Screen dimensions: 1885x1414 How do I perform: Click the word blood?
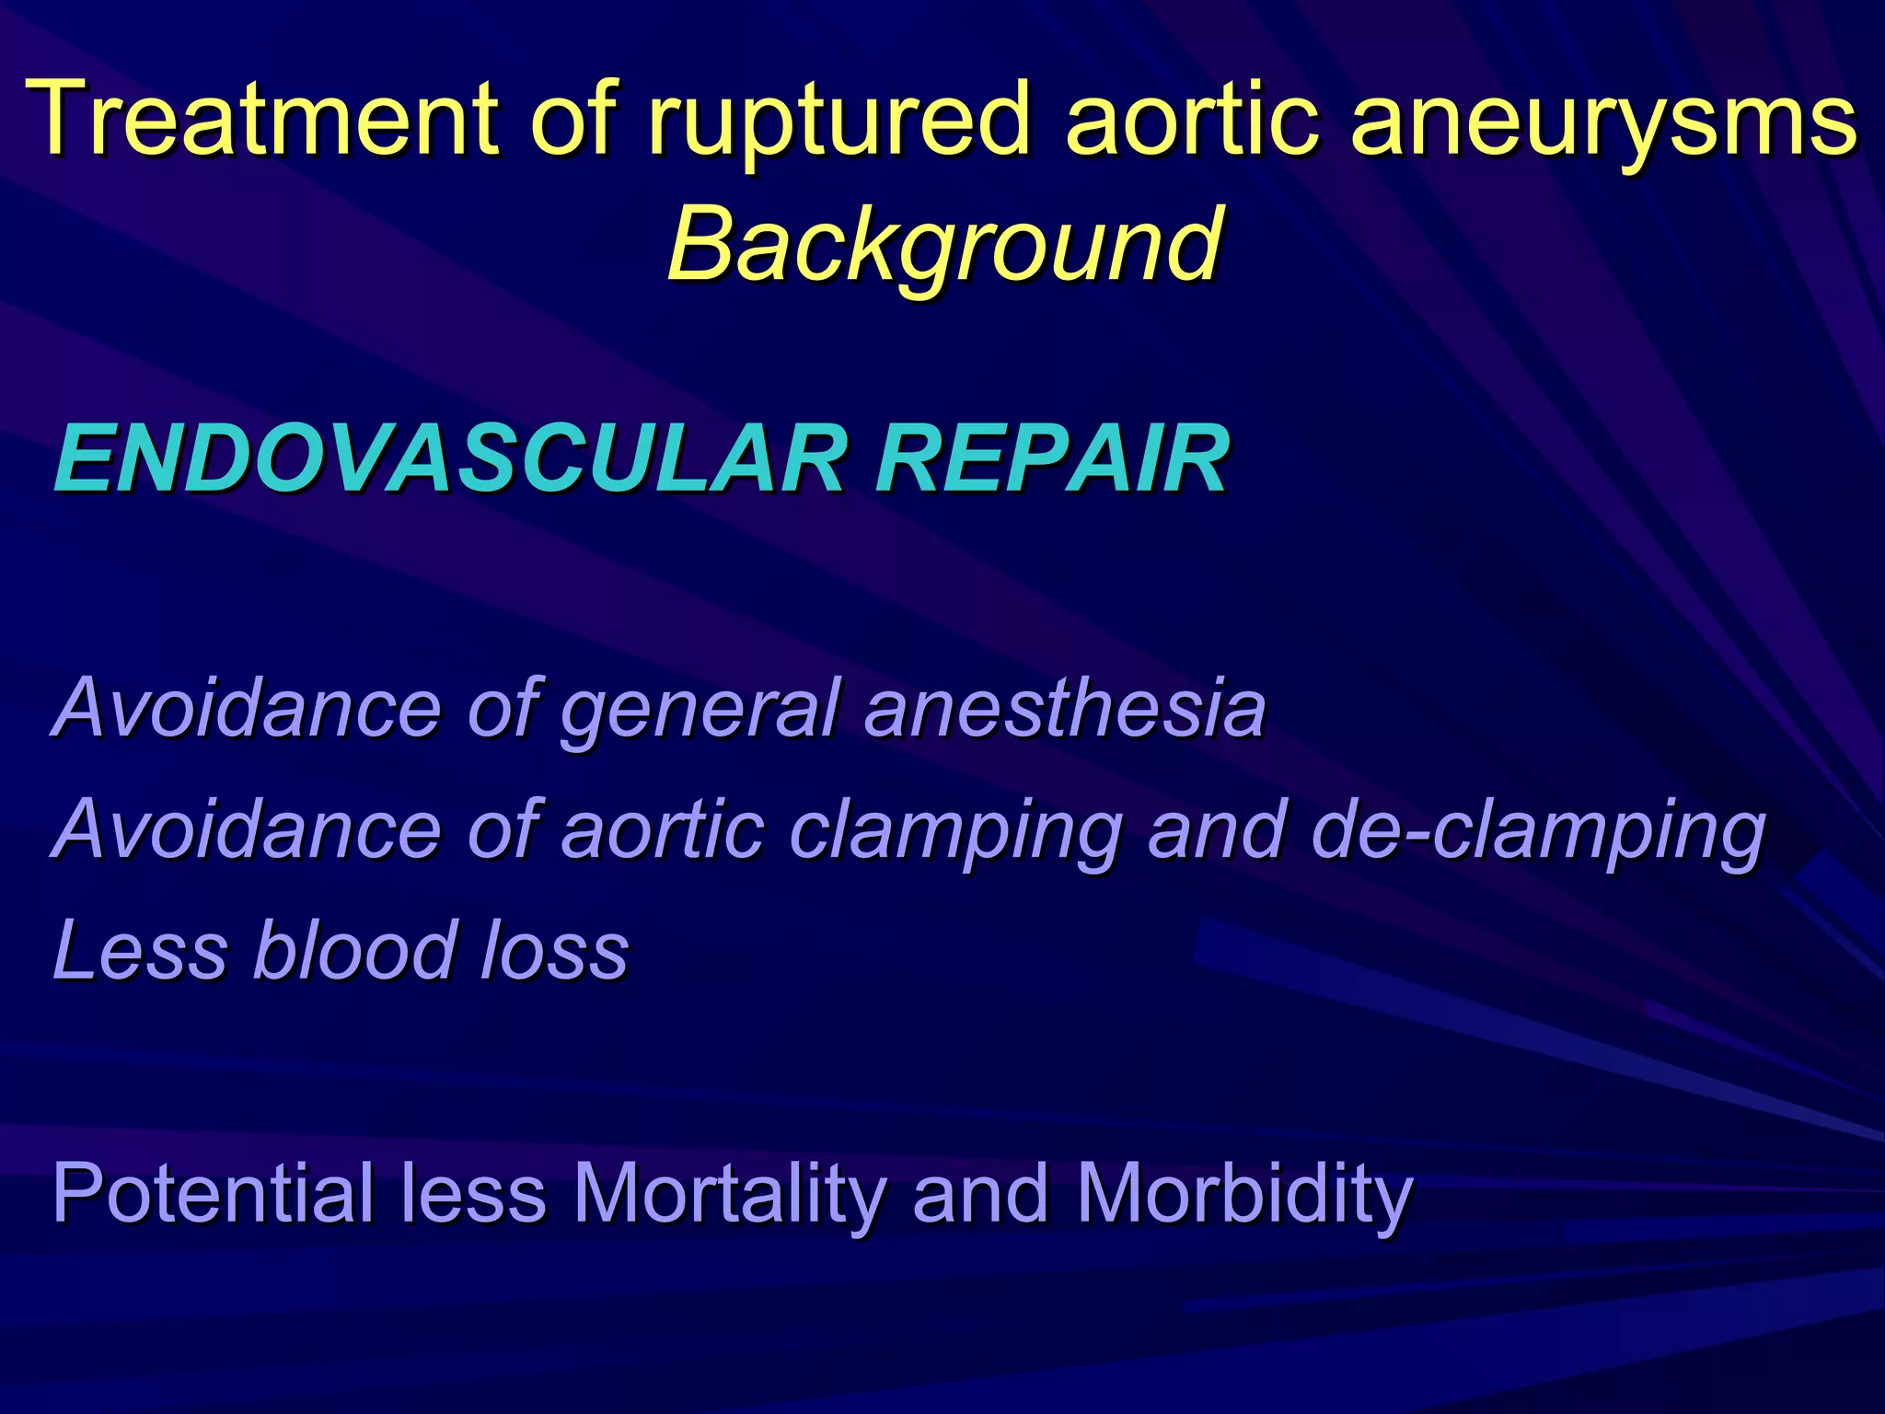(x=355, y=949)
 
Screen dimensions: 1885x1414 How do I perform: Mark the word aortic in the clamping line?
(x=662, y=829)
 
